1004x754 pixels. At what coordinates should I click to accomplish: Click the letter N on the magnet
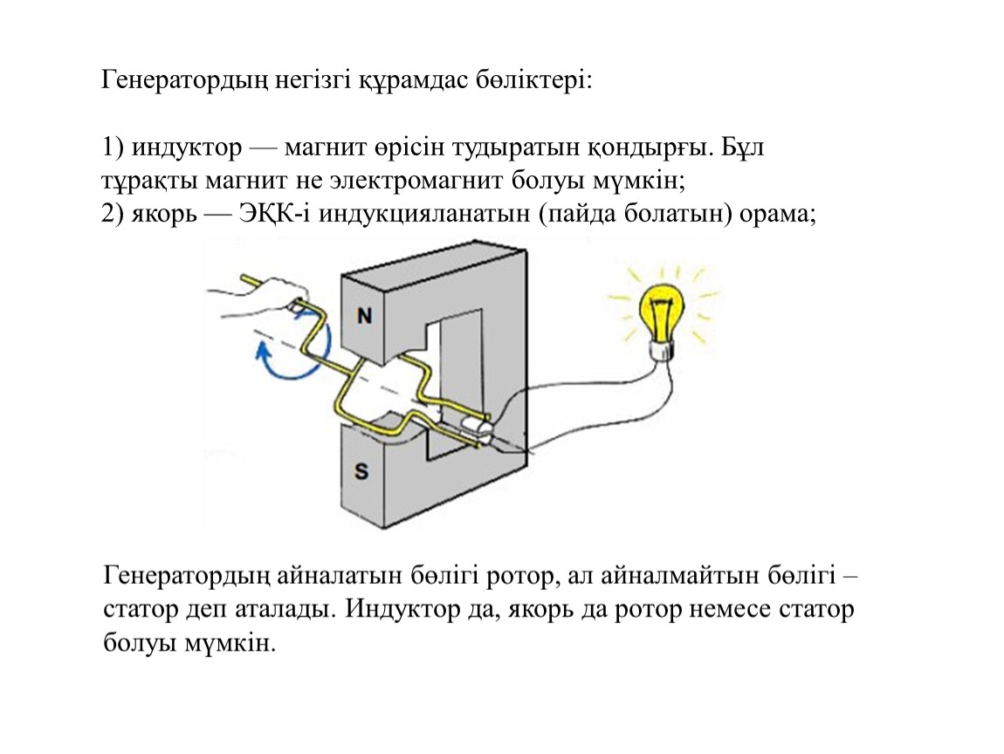pyautogui.click(x=364, y=316)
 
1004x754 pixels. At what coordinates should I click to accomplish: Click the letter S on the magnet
pyautogui.click(x=361, y=472)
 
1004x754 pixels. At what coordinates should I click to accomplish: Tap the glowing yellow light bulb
pyautogui.click(x=661, y=311)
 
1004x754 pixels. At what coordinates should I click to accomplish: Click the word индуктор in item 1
pyautogui.click(x=186, y=147)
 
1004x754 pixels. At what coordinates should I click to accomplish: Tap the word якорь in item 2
pyautogui.click(x=164, y=214)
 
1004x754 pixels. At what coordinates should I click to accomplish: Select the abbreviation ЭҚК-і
pyautogui.click(x=275, y=213)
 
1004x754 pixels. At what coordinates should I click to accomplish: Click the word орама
pyautogui.click(x=777, y=215)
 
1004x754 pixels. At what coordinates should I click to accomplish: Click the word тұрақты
pyautogui.click(x=150, y=182)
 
